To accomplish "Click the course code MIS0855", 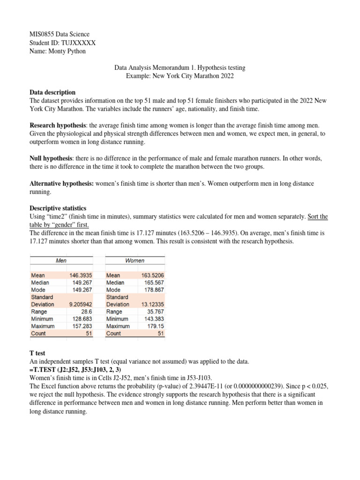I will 43,34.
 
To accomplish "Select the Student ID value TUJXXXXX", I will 78,43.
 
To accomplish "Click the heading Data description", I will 52,92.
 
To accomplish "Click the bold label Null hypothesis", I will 52,158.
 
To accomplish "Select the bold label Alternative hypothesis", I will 61,183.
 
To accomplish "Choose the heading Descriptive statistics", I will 58,208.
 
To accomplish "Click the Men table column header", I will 61,260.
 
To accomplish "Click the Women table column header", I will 135,260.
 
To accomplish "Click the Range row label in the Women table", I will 114,311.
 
